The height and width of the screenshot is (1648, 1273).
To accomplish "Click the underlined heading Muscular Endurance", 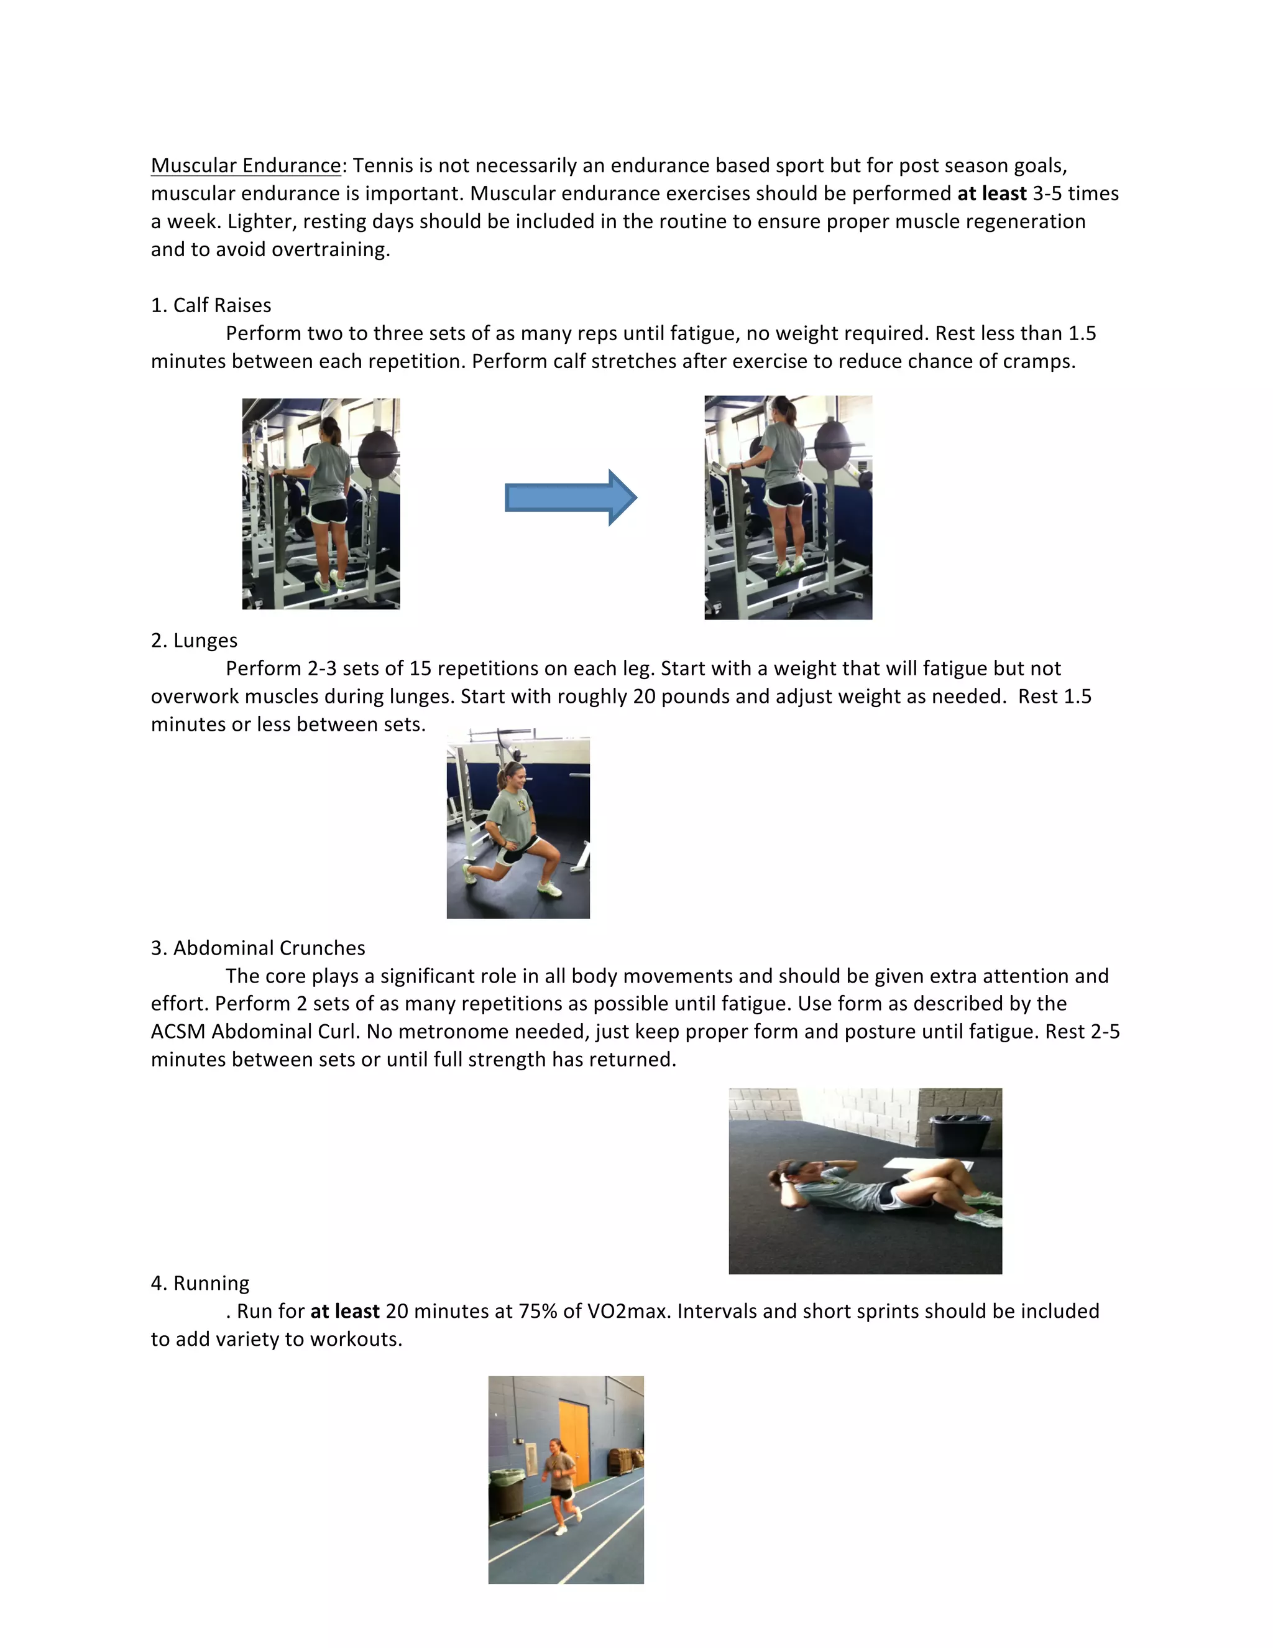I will (246, 165).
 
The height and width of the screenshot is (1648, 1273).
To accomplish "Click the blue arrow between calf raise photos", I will (570, 498).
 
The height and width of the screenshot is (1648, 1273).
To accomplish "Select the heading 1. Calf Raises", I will (211, 305).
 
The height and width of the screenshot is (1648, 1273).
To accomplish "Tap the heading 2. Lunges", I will (194, 640).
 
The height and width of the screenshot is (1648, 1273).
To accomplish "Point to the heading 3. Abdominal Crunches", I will (258, 948).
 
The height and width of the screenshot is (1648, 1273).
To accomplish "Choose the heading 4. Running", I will (200, 1283).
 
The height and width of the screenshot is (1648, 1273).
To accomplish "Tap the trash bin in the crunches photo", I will (958, 1134).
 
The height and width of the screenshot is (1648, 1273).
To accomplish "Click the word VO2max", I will (628, 1311).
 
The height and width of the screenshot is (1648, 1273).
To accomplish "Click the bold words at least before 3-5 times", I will (991, 193).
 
